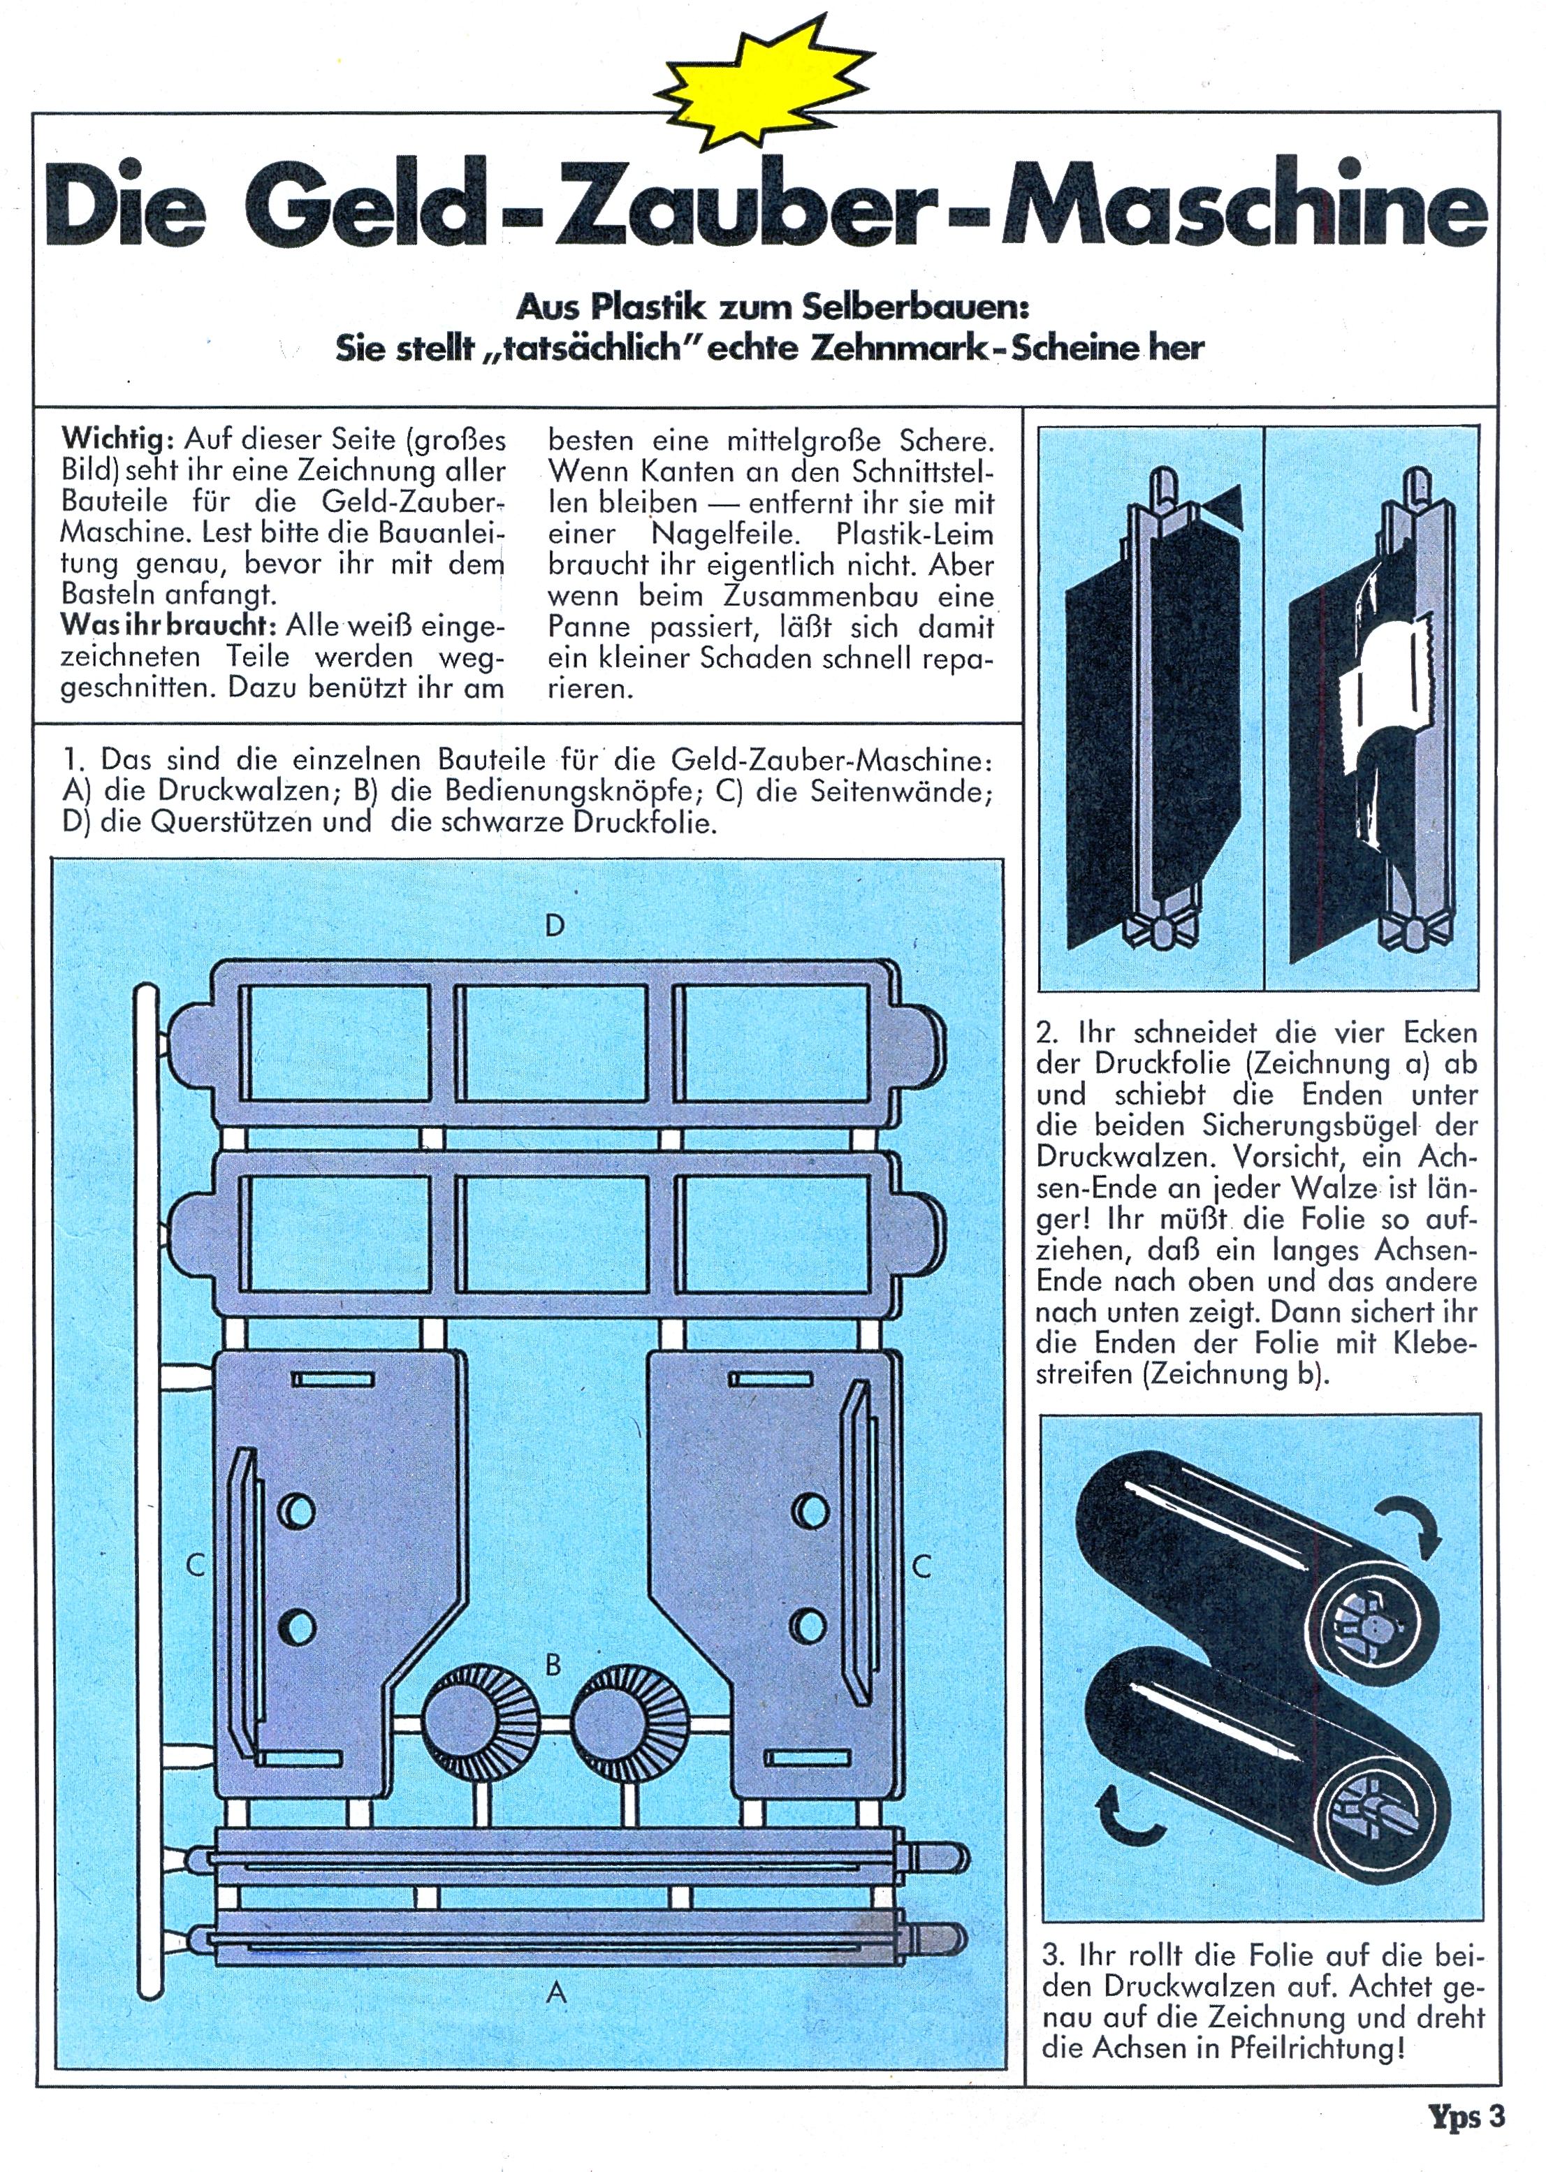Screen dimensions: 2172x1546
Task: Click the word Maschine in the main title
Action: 1234,207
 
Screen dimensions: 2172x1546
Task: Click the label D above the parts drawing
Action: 555,924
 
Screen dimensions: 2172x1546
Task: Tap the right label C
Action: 921,1566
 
